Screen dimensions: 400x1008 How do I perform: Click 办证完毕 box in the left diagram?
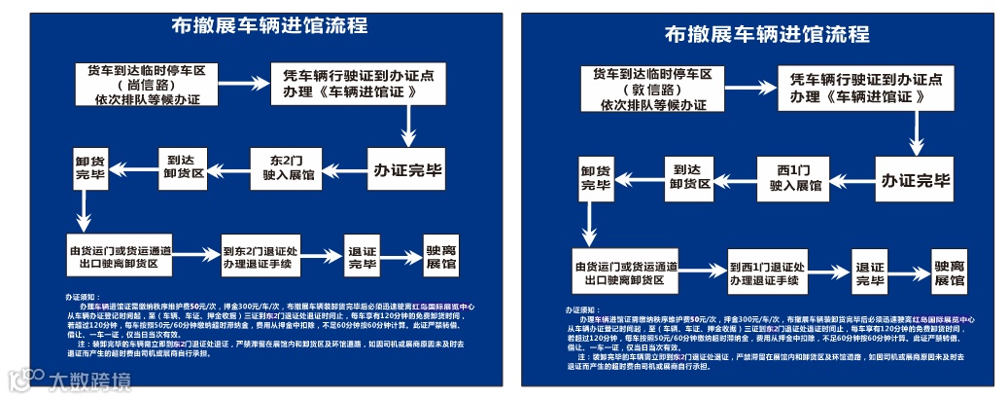tap(407, 168)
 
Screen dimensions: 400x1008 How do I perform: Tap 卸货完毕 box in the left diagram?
tap(89, 167)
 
